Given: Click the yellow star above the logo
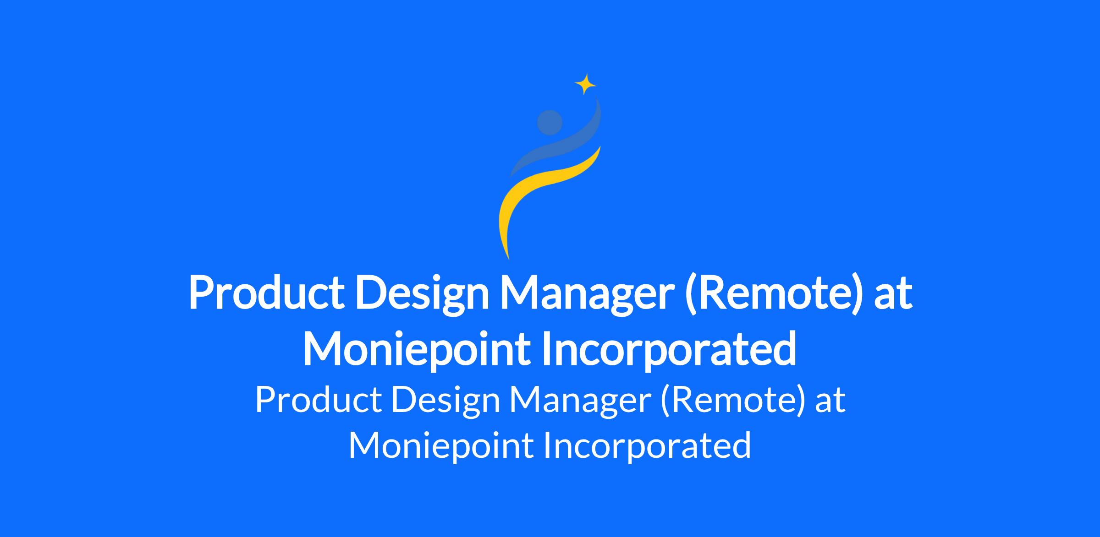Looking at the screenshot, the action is (585, 84).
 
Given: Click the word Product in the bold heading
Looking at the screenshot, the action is (266, 293).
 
